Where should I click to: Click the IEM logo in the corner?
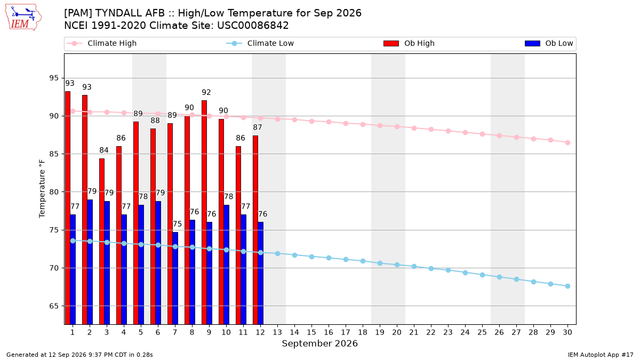23,18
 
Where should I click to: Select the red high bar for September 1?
68,207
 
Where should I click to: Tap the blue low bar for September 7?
175,278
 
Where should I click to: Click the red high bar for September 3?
102,242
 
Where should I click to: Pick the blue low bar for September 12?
261,273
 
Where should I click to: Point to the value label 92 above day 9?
206,92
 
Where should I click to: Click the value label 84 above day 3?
104,150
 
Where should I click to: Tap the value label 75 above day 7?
178,223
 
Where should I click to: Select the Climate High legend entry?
101,43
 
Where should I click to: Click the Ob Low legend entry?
549,43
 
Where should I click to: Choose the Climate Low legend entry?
260,43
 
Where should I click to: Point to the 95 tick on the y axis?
54,78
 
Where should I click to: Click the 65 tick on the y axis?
54,306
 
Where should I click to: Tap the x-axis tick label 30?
567,332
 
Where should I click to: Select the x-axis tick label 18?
363,332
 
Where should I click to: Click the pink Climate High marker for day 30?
567,142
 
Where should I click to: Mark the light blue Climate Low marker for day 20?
397,265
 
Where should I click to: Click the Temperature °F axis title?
42,189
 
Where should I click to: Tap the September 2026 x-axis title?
319,343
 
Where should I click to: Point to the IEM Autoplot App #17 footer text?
601,355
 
